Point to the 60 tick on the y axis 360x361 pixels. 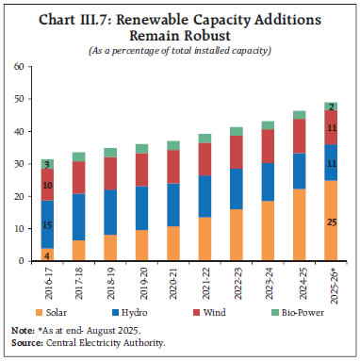pyautogui.click(x=19, y=68)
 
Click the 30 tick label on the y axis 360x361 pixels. pyautogui.click(x=19, y=164)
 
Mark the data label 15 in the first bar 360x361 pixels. pyautogui.click(x=48, y=223)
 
